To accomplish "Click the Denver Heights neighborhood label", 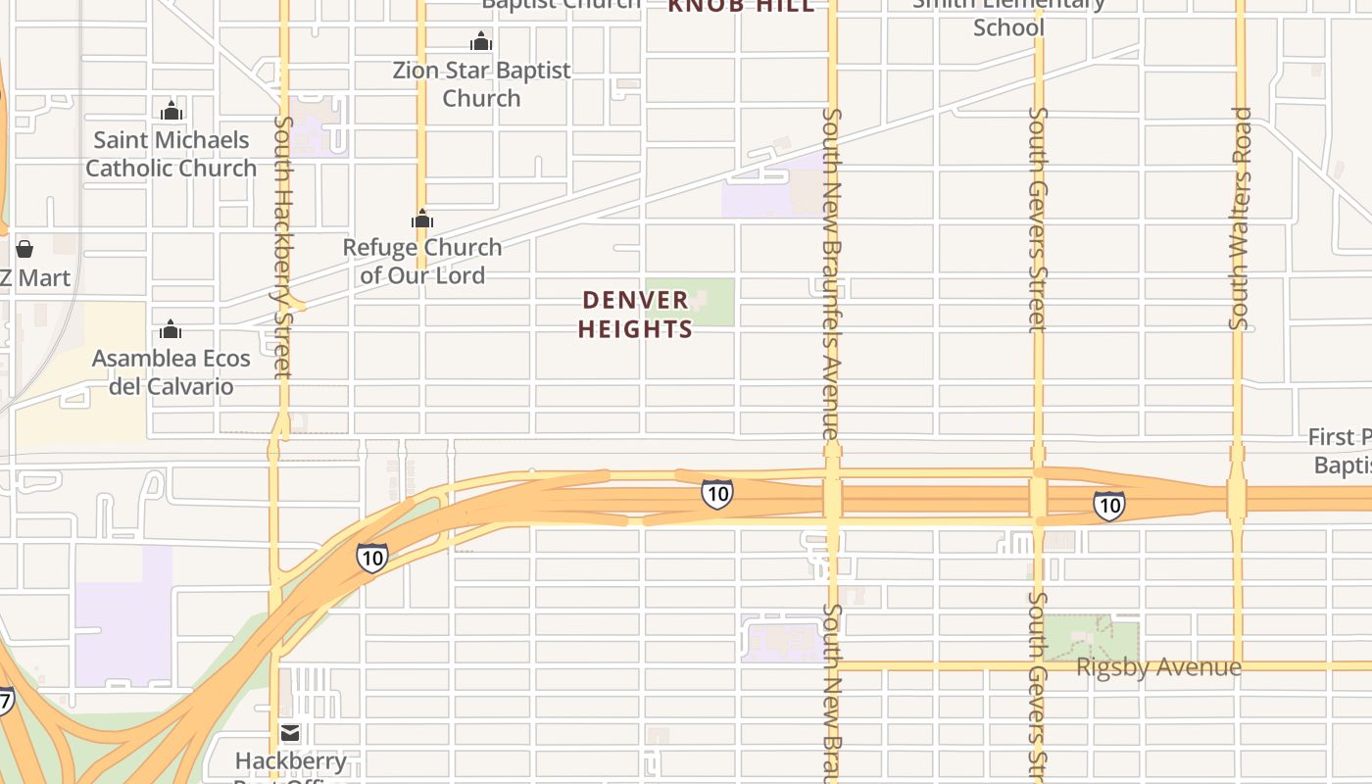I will (x=635, y=315).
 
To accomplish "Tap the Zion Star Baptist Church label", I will (x=481, y=84).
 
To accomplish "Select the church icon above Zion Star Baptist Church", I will (x=481, y=42).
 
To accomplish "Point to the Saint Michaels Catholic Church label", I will (x=171, y=154).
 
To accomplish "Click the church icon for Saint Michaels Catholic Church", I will (x=171, y=110).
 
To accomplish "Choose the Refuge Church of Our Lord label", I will (x=422, y=261).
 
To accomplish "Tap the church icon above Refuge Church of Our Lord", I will (x=422, y=219).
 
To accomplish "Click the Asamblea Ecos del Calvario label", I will (x=171, y=372).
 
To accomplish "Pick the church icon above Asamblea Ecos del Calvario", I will (x=171, y=329).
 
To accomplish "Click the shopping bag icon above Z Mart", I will (x=24, y=249).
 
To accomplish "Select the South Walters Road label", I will (x=1241, y=218).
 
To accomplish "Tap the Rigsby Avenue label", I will (x=1158, y=667).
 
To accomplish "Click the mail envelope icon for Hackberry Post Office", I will (x=290, y=732).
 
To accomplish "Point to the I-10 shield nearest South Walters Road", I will (x=1108, y=505).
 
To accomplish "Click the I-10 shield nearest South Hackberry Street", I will (x=371, y=558).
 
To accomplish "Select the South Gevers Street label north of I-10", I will (x=1038, y=219).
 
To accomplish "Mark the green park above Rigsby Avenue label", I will (x=1091, y=637).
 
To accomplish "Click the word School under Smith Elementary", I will (x=1008, y=27).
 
